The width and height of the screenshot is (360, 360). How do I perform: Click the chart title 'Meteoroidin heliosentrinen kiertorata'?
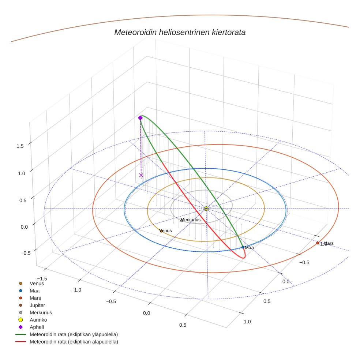180,32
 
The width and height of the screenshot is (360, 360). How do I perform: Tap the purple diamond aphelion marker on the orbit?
140,118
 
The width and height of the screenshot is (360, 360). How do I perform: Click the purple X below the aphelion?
141,175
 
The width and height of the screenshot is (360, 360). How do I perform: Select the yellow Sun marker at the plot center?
206,209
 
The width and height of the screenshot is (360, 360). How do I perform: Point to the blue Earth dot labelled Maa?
243,247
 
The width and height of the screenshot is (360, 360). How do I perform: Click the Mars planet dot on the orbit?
318,243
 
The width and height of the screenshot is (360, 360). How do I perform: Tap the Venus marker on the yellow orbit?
161,231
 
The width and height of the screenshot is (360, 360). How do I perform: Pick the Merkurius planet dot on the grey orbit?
182,220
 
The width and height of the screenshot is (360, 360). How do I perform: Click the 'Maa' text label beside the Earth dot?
250,248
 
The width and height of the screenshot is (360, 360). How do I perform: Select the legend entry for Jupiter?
37,305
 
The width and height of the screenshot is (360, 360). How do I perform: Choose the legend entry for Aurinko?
38,320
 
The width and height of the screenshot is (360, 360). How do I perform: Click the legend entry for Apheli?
37,327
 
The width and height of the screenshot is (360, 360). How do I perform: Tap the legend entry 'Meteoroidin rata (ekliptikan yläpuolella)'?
74,334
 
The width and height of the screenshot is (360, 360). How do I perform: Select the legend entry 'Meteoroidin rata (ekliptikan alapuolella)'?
74,342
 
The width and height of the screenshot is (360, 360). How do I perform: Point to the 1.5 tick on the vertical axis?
20,146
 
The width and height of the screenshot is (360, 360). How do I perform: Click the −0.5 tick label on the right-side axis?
305,262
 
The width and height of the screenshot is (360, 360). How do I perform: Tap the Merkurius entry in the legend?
41,312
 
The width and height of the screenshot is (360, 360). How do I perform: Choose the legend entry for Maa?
35,290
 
